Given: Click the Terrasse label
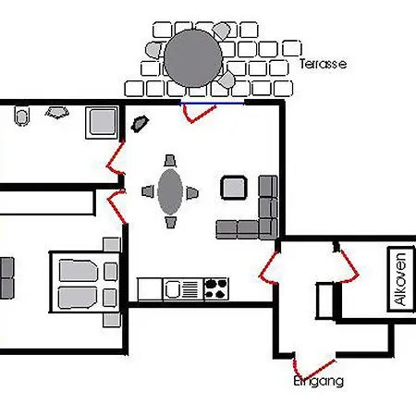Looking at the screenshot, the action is (x=323, y=64).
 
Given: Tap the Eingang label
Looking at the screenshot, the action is (x=318, y=381).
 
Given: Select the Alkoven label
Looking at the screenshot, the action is (x=400, y=279).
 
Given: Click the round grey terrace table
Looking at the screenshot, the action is (x=193, y=58).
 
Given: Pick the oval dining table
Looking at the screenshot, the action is (x=170, y=191).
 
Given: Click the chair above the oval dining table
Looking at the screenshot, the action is (x=170, y=161).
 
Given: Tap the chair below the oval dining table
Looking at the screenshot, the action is (x=170, y=222).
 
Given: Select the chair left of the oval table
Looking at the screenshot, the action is (x=148, y=191).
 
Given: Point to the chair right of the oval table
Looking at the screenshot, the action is (x=192, y=193).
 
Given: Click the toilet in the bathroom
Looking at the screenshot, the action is (x=22, y=116).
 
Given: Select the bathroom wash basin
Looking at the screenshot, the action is (x=57, y=113).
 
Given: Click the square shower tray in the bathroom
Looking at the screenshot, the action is (x=102, y=122).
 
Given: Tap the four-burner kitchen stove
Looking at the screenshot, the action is (x=216, y=288).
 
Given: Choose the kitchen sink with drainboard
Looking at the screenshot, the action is (x=183, y=289).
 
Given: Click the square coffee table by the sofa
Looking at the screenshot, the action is (x=234, y=188).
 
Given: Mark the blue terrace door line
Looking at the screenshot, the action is (x=212, y=104).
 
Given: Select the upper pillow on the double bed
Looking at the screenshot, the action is (x=79, y=271).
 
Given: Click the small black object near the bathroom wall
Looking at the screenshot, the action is (x=140, y=124).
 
